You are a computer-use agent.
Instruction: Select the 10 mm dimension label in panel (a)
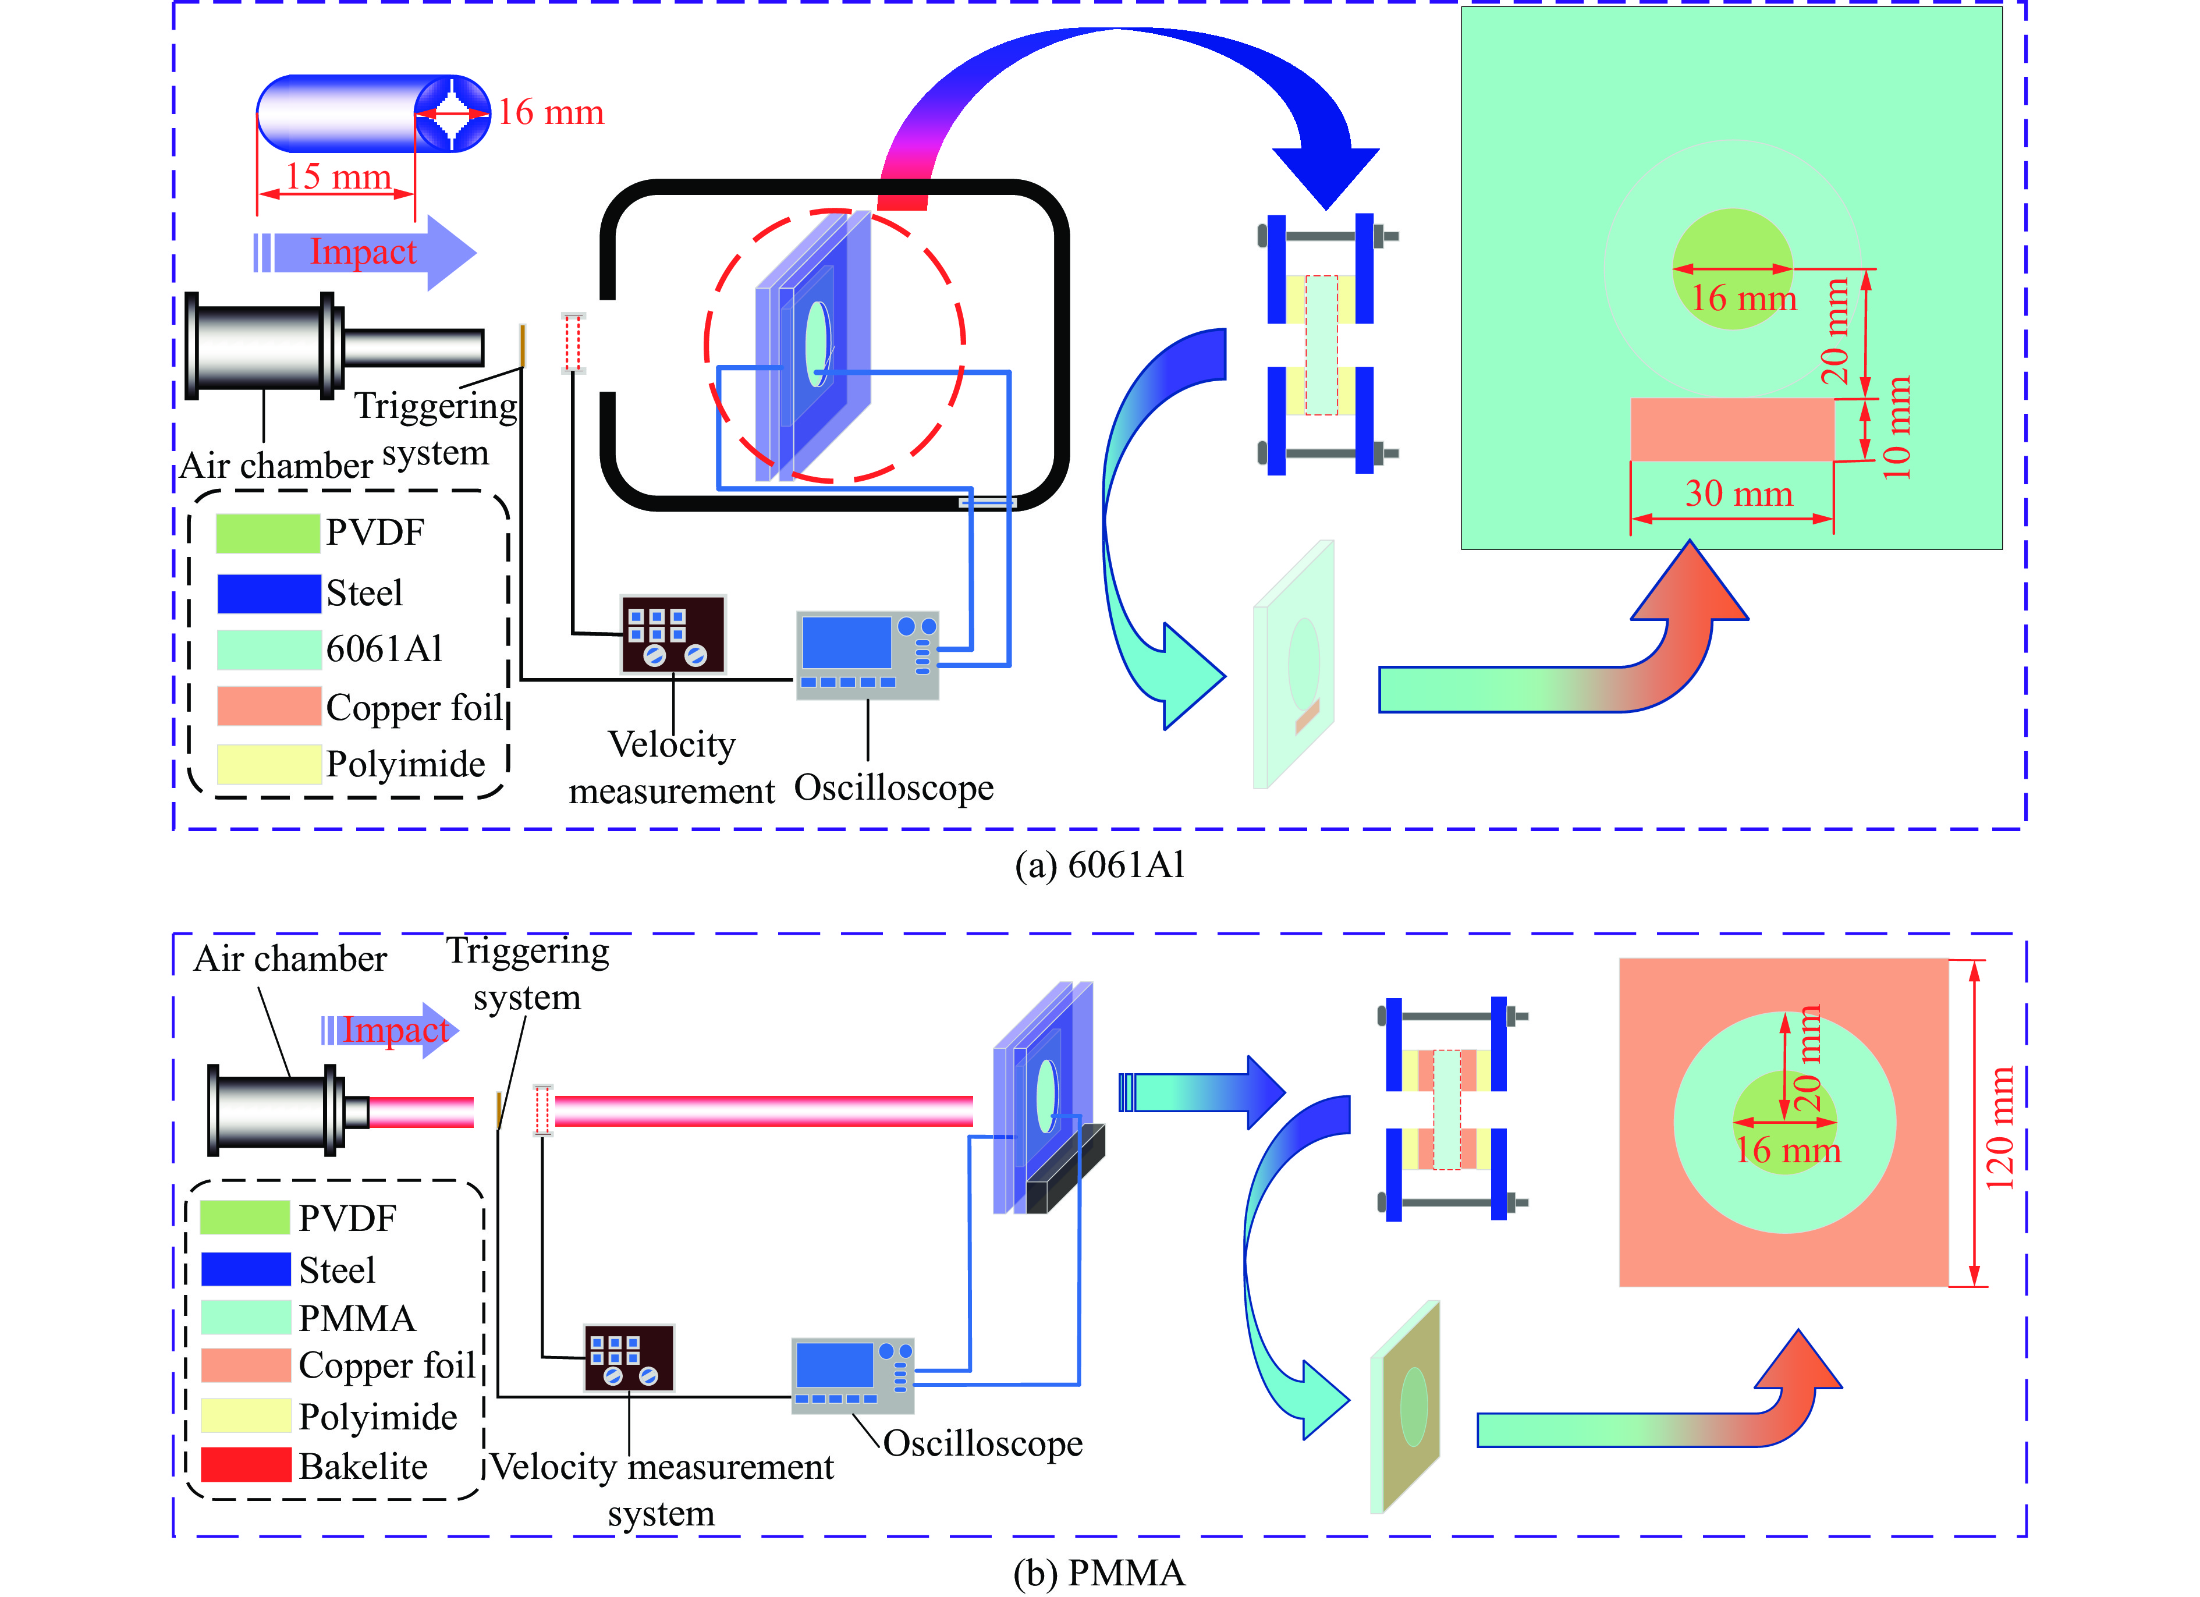click(1896, 428)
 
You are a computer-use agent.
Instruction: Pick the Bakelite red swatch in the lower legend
click(246, 1465)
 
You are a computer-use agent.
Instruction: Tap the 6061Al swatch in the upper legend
click(268, 649)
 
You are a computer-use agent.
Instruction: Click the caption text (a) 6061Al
click(1099, 864)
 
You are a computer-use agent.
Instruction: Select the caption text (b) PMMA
click(1099, 1573)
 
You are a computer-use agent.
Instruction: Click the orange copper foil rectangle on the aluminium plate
click(1731, 429)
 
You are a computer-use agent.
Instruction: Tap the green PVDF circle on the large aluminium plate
click(1733, 269)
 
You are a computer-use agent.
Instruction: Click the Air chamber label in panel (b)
click(289, 959)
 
